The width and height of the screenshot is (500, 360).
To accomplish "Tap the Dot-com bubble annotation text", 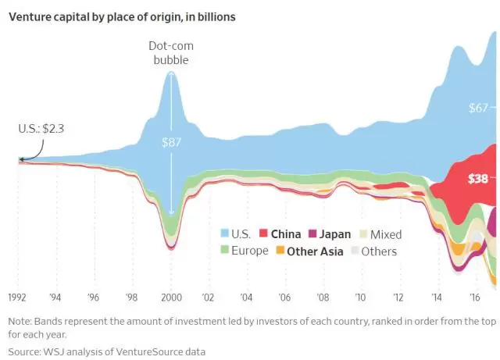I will tap(171, 52).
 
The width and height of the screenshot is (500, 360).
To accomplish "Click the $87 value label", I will tap(171, 142).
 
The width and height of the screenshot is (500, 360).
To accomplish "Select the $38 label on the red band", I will tap(478, 178).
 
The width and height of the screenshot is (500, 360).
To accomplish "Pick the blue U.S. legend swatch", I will tap(225, 233).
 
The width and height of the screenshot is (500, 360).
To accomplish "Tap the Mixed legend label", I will tap(386, 233).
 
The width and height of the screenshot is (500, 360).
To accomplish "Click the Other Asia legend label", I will tap(318, 251).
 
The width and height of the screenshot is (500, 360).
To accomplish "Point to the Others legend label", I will tap(378, 251).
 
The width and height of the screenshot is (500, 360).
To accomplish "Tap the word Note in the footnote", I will tap(22, 321).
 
